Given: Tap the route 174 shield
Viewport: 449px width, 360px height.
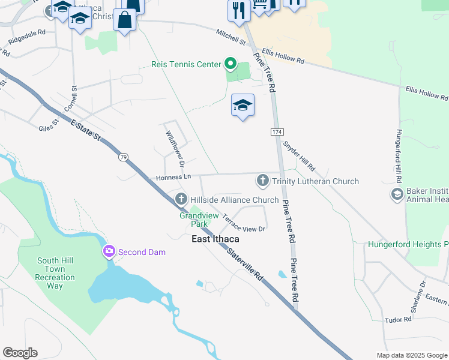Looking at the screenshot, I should [x=276, y=131].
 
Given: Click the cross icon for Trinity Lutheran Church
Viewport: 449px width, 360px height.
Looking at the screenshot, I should [x=262, y=181].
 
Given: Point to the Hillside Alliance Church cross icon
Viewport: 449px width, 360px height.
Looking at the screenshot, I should [x=181, y=199].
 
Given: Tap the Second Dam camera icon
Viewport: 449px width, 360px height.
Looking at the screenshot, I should [x=109, y=251].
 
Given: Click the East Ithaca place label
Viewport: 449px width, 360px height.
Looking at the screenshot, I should [x=215, y=239].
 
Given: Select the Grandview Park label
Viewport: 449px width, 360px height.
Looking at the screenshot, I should [x=191, y=219].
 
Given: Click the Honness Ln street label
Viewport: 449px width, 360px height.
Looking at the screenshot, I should [x=173, y=178].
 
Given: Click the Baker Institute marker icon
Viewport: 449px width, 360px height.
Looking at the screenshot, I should [x=396, y=194].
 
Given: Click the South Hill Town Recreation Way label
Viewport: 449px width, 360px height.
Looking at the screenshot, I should [x=55, y=273].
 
